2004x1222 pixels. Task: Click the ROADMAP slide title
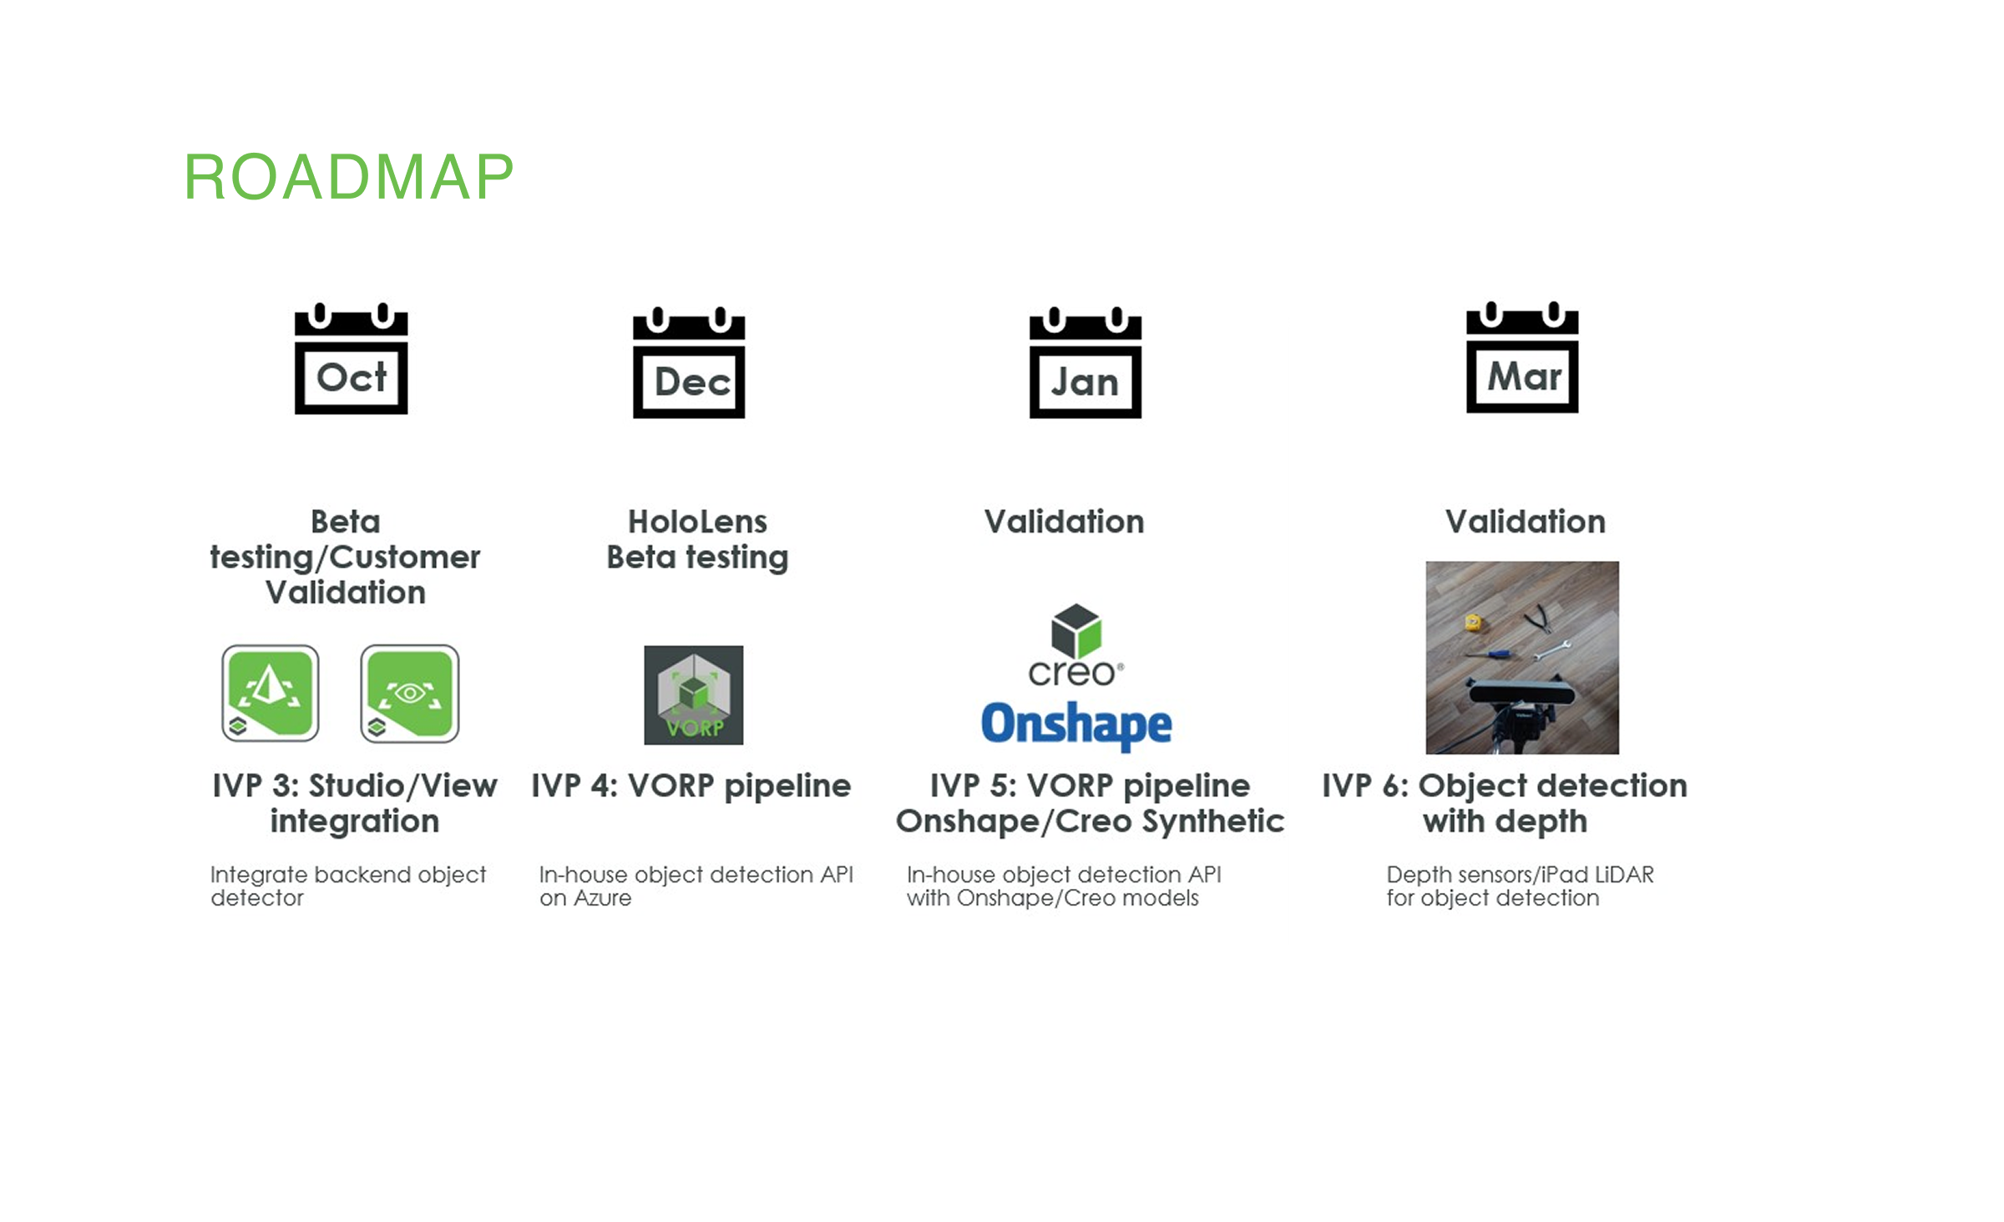pyautogui.click(x=348, y=177)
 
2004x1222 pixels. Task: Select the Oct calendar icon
pyautogui.click(x=352, y=358)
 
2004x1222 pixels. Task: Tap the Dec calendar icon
pyautogui.click(x=689, y=362)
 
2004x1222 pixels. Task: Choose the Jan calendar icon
pyautogui.click(x=1085, y=362)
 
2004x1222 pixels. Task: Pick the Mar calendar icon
pyautogui.click(x=1522, y=357)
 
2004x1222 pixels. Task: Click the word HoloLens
pyautogui.click(x=697, y=522)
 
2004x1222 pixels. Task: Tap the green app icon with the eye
pyautogui.click(x=410, y=694)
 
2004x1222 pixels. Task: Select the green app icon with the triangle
pyautogui.click(x=271, y=694)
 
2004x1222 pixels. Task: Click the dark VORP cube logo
pyautogui.click(x=693, y=695)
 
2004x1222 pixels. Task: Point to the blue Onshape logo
pyautogui.click(x=1076, y=725)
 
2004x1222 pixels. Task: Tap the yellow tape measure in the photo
pyautogui.click(x=1473, y=622)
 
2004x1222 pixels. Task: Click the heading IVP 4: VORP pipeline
pyautogui.click(x=691, y=785)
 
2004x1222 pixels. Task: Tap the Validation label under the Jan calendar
pyautogui.click(x=1064, y=522)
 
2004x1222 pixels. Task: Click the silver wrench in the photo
pyautogui.click(x=1552, y=649)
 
